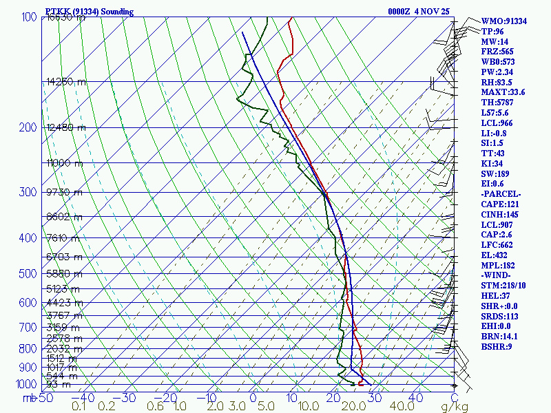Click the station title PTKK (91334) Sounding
89,12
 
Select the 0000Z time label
402,12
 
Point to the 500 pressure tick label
28,274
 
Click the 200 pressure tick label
28,127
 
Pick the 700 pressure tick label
28,327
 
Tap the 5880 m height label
64,273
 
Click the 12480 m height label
66,127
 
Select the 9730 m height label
64,192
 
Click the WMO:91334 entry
503,21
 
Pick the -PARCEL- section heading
501,193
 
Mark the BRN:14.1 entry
499,337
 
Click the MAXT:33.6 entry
503,92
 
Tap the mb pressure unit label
29,398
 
